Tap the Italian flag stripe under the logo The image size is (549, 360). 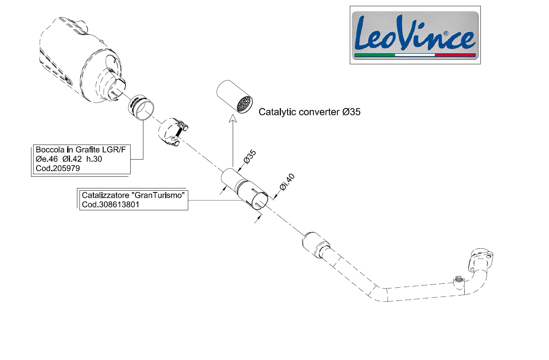click(415, 55)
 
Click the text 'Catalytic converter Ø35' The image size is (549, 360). click(309, 112)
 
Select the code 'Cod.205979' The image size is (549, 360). click(58, 168)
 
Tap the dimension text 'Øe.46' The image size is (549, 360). click(47, 159)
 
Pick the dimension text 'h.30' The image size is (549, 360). click(94, 159)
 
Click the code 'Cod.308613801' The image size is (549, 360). click(111, 204)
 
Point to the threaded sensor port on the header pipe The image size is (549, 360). click(459, 280)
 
